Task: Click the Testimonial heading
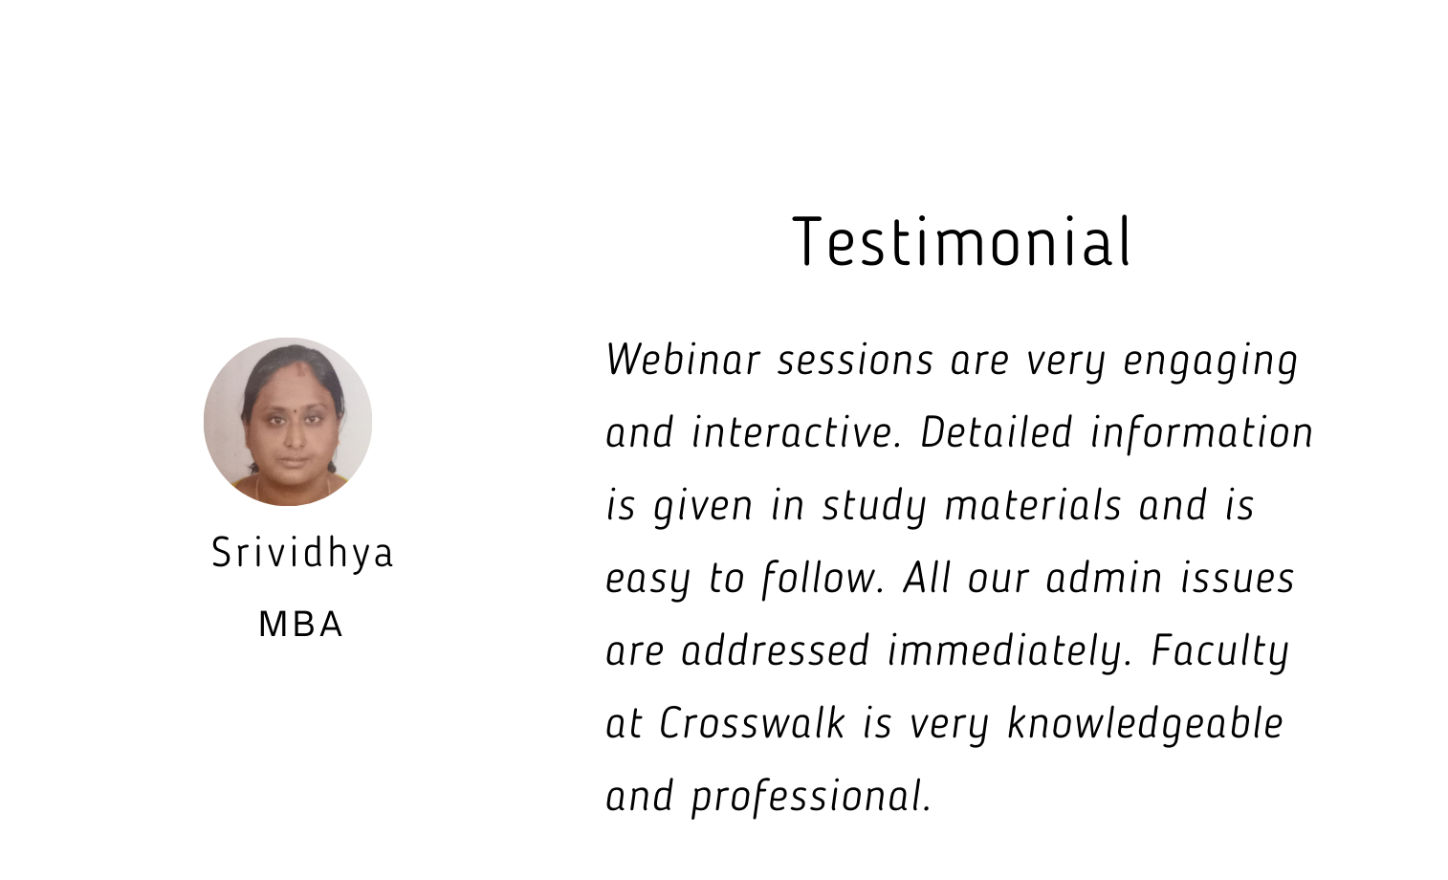(x=961, y=241)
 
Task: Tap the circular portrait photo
(x=288, y=422)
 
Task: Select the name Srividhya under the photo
(x=302, y=554)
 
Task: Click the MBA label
(x=300, y=625)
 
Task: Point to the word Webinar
(x=683, y=359)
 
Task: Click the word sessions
(x=855, y=361)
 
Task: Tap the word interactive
(x=797, y=432)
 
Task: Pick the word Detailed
(x=997, y=432)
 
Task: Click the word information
(x=1201, y=432)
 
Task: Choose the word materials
(x=1033, y=505)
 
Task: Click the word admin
(x=1104, y=578)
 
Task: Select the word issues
(x=1238, y=578)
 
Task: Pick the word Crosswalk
(x=752, y=722)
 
